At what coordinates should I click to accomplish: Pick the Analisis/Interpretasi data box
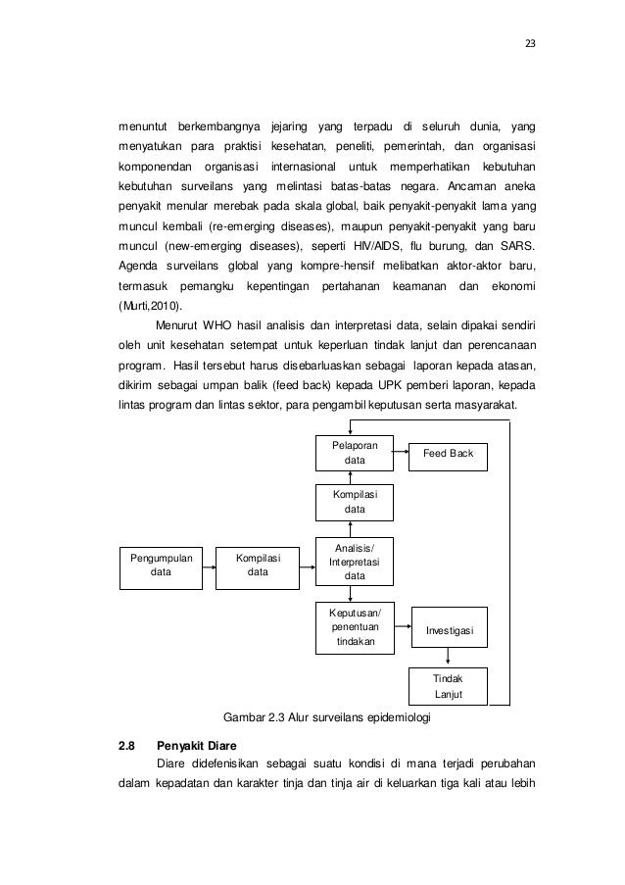click(x=354, y=561)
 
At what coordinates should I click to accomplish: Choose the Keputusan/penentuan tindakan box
click(x=354, y=626)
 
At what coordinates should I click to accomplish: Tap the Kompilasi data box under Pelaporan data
click(x=354, y=502)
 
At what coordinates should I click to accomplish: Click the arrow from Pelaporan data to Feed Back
click(x=401, y=452)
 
